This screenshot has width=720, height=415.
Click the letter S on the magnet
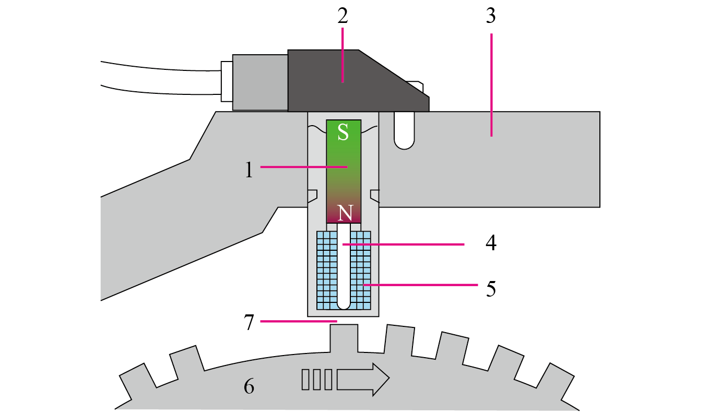pos(343,132)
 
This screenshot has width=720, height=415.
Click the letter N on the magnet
pos(345,213)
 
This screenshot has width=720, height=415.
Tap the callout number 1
pos(249,170)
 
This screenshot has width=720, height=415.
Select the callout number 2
pos(343,16)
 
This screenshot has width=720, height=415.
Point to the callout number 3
pos(491,16)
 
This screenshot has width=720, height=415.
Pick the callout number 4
pos(491,243)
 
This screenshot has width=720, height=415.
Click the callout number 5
pos(491,289)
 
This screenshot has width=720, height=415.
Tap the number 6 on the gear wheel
pos(249,386)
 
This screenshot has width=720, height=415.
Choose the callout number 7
pos(249,322)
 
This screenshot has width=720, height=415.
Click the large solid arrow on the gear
pos(363,380)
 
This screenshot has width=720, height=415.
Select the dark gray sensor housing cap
pos(358,81)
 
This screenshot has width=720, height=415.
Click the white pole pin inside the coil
pos(344,266)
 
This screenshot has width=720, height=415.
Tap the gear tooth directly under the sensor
pos(344,338)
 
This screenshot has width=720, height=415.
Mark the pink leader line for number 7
pos(299,321)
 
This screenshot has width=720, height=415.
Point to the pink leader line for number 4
pos(404,244)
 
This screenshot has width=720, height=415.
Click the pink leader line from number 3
pos(491,85)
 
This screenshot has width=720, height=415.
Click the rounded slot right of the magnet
pos(404,130)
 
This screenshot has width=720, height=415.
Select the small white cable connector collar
pos(227,81)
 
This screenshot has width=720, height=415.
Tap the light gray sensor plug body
pos(260,82)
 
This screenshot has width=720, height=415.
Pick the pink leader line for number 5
pos(420,285)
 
